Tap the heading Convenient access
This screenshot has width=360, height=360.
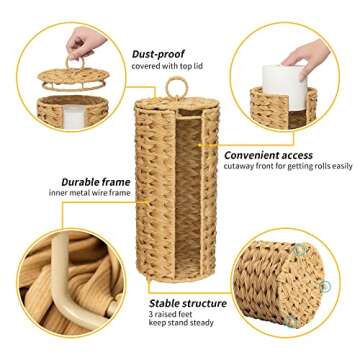point(262,155)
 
